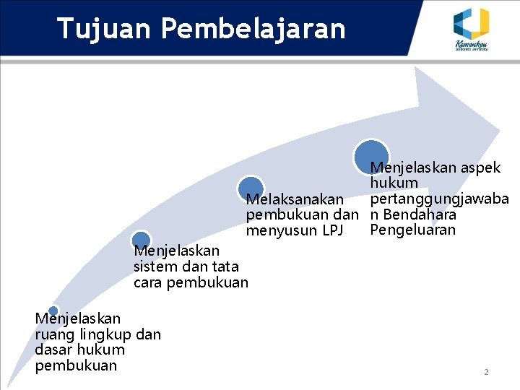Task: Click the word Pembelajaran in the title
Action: (253, 28)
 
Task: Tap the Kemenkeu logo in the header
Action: (471, 28)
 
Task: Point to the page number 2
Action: (486, 372)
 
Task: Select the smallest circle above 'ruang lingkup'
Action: (53, 311)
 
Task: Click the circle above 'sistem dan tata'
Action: (142, 240)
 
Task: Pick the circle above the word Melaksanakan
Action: (251, 188)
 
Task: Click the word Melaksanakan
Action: (295, 199)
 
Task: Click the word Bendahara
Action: (421, 214)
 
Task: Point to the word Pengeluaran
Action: (413, 230)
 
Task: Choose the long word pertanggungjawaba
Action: (440, 199)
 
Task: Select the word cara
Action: (149, 282)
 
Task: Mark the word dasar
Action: (53, 350)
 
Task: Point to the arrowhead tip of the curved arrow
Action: (498, 130)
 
